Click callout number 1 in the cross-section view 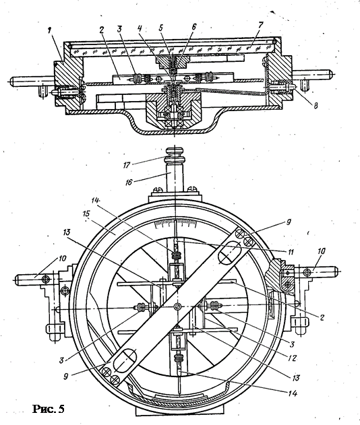(49, 30)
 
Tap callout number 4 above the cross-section (140, 28)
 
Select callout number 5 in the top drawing (161, 28)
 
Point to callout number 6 (194, 26)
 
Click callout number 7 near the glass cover (260, 25)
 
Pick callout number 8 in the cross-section (316, 105)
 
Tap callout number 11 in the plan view (291, 252)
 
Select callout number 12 (293, 358)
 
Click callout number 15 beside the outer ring (86, 214)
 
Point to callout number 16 (128, 182)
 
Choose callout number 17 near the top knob (127, 165)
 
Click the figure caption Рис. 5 (49, 409)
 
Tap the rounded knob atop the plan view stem (175, 152)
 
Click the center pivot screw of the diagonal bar (177, 306)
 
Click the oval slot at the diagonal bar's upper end (229, 253)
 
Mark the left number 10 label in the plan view (62, 259)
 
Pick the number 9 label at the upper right (288, 222)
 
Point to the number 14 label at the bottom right (293, 393)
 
